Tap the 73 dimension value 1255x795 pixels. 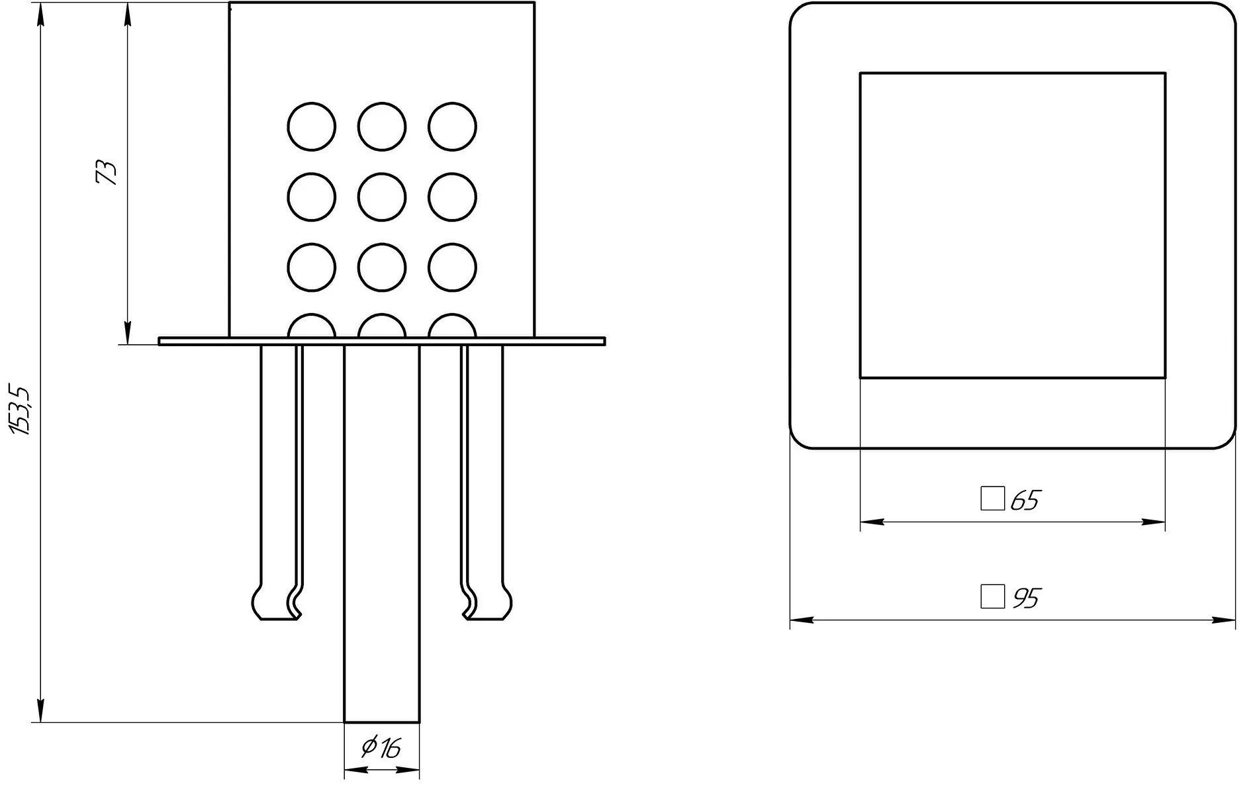point(106,171)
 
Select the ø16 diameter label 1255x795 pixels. point(381,747)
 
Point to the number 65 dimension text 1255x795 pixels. point(1025,500)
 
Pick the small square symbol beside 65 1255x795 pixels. point(992,498)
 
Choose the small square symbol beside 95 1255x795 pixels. point(992,596)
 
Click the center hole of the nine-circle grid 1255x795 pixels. point(381,197)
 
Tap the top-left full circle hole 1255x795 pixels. point(312,126)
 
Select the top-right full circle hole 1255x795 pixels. point(452,126)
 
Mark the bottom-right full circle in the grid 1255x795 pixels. point(452,267)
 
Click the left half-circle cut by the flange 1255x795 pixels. point(312,314)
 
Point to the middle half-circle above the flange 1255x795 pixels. point(381,314)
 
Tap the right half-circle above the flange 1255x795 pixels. point(452,314)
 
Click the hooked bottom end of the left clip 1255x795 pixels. point(278,602)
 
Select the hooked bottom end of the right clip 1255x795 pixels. point(487,602)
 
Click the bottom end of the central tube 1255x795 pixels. point(382,722)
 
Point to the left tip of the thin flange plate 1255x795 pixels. point(159,341)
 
